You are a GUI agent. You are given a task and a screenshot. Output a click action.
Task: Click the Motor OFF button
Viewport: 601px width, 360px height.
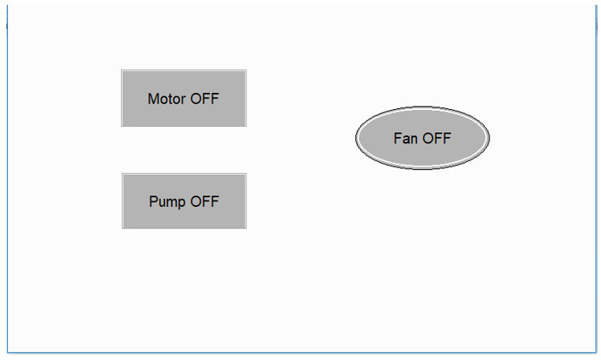click(x=184, y=98)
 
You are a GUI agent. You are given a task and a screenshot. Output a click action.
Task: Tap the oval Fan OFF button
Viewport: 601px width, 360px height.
click(x=422, y=138)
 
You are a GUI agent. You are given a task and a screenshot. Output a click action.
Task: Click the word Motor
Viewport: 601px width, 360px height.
click(x=167, y=99)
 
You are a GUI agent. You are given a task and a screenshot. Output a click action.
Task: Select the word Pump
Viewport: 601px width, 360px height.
click(x=167, y=202)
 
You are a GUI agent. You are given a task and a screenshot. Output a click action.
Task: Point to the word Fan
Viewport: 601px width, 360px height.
click(x=405, y=138)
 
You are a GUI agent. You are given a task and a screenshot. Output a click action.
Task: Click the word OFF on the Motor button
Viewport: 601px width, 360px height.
click(x=205, y=99)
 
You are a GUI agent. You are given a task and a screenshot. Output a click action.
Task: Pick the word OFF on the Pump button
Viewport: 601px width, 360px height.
click(x=205, y=201)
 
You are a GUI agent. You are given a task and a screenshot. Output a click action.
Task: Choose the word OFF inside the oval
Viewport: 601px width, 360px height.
click(x=437, y=138)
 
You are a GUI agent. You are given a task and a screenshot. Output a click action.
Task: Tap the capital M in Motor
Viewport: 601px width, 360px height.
click(x=153, y=99)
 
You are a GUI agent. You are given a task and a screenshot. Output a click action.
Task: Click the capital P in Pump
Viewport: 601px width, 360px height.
click(x=153, y=201)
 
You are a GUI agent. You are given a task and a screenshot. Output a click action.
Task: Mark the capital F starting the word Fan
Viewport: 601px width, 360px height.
click(x=397, y=138)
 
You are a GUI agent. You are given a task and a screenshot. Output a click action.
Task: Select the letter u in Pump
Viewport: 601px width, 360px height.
click(x=162, y=203)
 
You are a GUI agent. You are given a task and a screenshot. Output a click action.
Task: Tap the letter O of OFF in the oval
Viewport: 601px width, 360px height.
click(x=428, y=138)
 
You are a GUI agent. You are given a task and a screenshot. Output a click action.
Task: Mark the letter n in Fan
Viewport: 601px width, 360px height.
click(x=414, y=140)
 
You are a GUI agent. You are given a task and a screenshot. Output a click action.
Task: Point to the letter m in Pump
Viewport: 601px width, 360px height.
click(x=172, y=203)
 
